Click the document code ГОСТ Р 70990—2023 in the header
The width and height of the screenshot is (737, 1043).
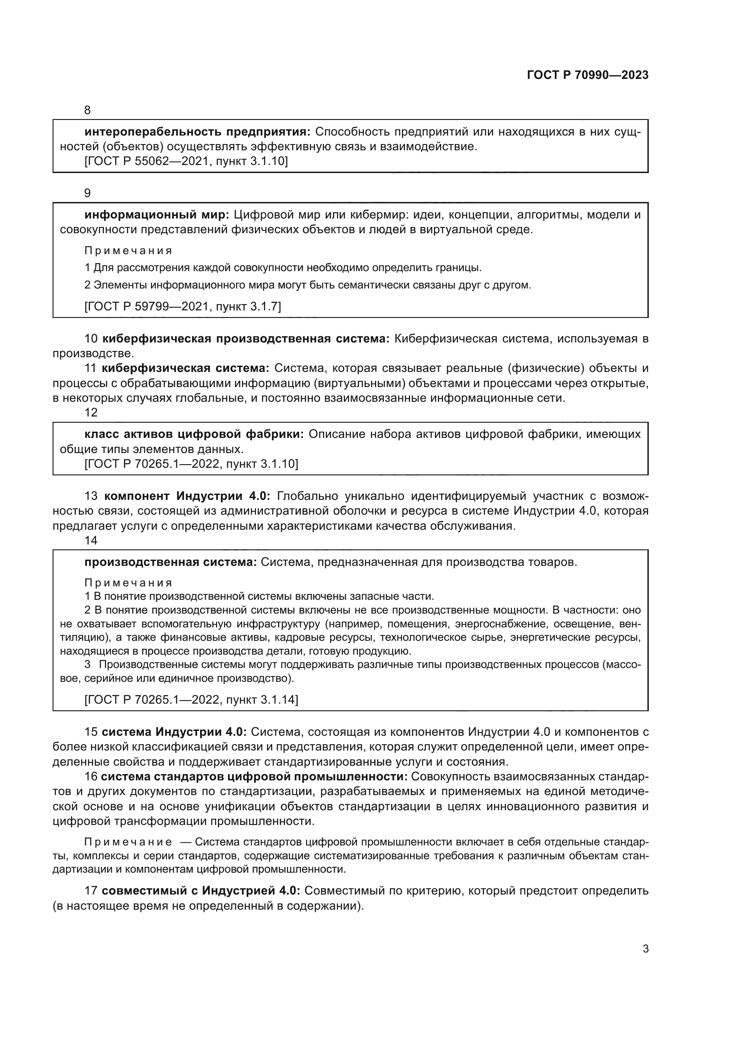point(588,75)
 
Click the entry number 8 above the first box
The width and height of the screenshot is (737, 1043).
point(88,111)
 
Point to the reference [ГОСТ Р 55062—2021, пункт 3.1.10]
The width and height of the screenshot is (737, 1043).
point(186,161)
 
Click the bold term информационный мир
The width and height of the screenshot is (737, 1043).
point(157,215)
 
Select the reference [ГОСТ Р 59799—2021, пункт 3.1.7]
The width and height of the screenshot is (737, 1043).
point(183,307)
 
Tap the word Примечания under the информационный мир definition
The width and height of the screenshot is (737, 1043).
point(128,251)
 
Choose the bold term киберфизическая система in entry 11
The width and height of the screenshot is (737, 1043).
point(186,368)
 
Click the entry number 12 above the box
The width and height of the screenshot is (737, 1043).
point(91,412)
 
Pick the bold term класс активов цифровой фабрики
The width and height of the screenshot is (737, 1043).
point(194,434)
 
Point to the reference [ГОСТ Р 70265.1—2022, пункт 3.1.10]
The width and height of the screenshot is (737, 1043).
point(192,464)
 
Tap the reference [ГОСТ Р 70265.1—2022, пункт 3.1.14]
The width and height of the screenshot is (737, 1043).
point(192,700)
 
